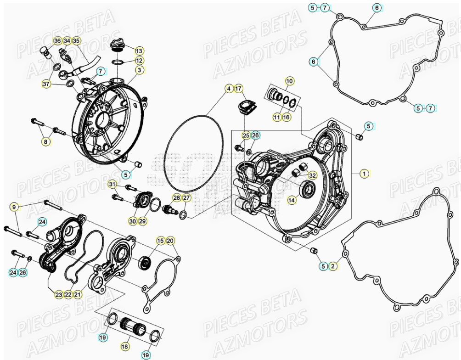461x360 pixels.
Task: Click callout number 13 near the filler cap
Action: click(139, 51)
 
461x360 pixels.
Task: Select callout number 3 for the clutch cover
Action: click(139, 70)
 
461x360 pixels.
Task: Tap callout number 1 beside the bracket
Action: click(364, 174)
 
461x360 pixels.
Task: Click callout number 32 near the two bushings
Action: click(312, 175)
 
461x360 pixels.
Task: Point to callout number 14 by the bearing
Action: click(292, 200)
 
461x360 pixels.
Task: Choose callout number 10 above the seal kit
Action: click(289, 82)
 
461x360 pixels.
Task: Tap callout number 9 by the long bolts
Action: click(14, 207)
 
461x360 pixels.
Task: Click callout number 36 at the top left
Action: click(57, 41)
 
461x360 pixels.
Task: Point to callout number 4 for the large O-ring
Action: click(228, 88)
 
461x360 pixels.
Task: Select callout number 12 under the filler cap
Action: click(139, 61)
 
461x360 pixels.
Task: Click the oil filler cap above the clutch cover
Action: click(117, 46)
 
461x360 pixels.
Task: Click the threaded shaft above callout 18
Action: click(134, 327)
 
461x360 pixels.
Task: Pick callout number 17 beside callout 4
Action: click(238, 88)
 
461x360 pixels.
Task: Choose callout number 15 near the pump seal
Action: click(160, 241)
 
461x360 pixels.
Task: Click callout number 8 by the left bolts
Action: click(45, 142)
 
